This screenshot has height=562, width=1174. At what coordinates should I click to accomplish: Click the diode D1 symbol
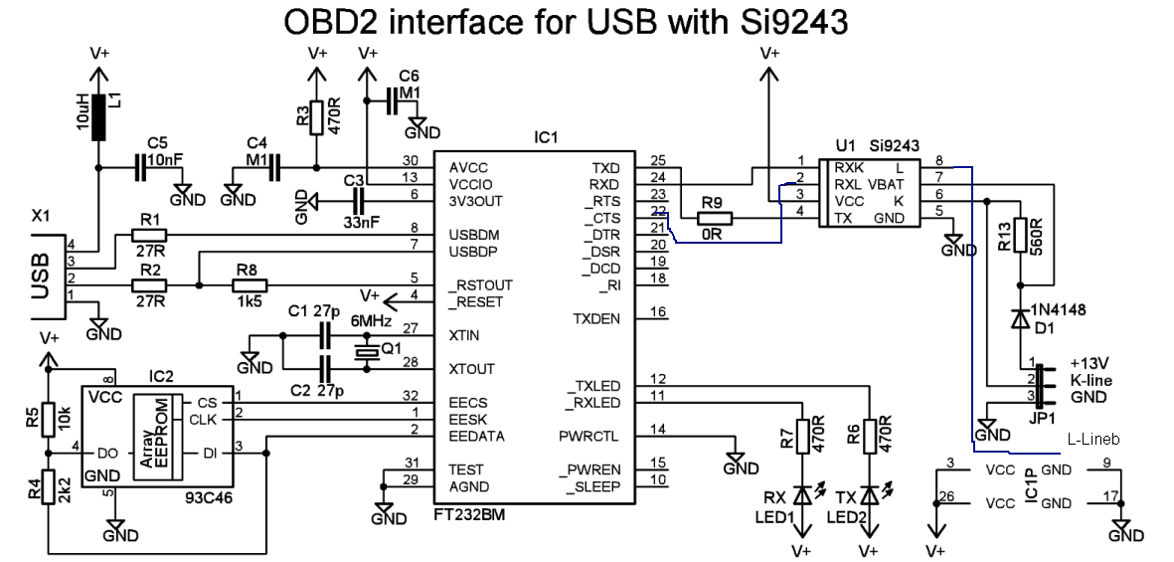pyautogui.click(x=1019, y=318)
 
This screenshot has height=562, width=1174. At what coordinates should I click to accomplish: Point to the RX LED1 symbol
pyautogui.click(x=800, y=494)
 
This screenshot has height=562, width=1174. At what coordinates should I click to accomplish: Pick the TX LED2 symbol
pyautogui.click(x=870, y=494)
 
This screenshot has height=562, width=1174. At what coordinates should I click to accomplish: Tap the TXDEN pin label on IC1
pyautogui.click(x=596, y=319)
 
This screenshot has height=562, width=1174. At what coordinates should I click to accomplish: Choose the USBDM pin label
pyautogui.click(x=481, y=235)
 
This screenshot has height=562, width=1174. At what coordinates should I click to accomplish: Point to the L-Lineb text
pyautogui.click(x=1092, y=439)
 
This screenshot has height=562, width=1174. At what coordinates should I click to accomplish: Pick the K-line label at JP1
pyautogui.click(x=1091, y=380)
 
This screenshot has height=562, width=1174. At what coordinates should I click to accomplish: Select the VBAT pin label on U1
pyautogui.click(x=888, y=184)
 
